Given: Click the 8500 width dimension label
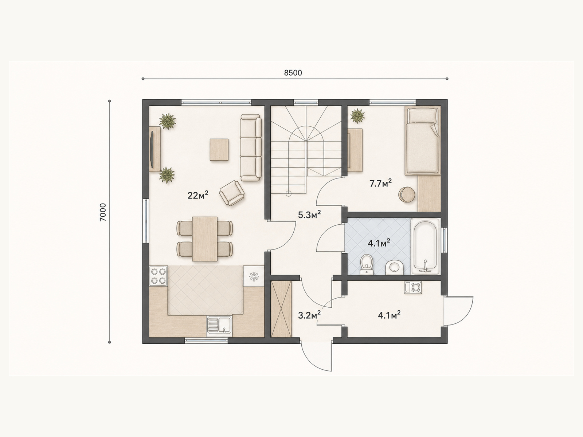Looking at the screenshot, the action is pyautogui.click(x=293, y=73).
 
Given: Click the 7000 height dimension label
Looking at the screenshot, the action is pyautogui.click(x=103, y=212).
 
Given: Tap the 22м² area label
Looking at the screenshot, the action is pyautogui.click(x=198, y=195).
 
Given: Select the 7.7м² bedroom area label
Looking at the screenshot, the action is pyautogui.click(x=381, y=183).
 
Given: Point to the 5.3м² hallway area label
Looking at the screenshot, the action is pyautogui.click(x=309, y=214).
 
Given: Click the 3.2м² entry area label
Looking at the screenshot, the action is pyautogui.click(x=309, y=315).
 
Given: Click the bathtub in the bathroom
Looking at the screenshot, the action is pyautogui.click(x=425, y=247).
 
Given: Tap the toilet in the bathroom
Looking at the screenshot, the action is pyautogui.click(x=367, y=264).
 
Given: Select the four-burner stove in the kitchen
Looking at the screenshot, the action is pyautogui.click(x=159, y=276).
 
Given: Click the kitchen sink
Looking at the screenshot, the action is pyautogui.click(x=220, y=326).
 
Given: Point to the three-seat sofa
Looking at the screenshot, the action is pyautogui.click(x=251, y=147).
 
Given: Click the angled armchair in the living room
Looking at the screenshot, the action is pyautogui.click(x=232, y=193).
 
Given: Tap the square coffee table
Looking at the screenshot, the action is pyautogui.click(x=219, y=150).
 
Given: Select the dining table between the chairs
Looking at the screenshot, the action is pyautogui.click(x=205, y=239).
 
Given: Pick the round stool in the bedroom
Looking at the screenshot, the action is pyautogui.click(x=407, y=195).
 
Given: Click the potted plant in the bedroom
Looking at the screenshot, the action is pyautogui.click(x=357, y=116).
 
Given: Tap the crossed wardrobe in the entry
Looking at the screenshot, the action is pyautogui.click(x=281, y=309).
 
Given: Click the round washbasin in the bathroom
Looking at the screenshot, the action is pyautogui.click(x=394, y=267).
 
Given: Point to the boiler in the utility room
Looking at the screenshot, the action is pyautogui.click(x=413, y=287).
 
